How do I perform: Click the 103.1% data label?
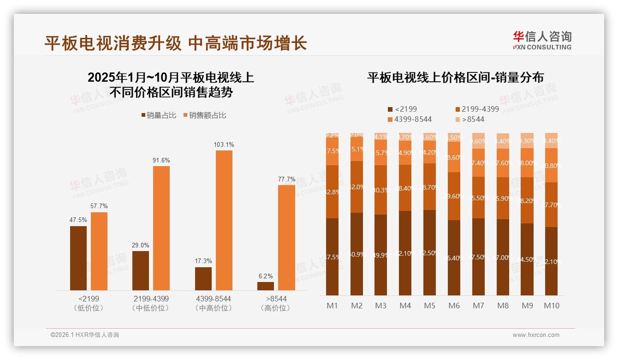pyautogui.click(x=224, y=144)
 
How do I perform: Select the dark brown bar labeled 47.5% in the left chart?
pyautogui.click(x=78, y=258)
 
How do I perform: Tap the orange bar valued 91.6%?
pyautogui.click(x=161, y=228)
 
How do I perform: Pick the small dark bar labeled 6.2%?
pyautogui.click(x=266, y=286)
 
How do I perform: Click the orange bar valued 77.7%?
pyautogui.click(x=286, y=238)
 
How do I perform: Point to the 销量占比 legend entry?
pyautogui.click(x=159, y=115)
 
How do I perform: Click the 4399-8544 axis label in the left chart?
pyautogui.click(x=213, y=299)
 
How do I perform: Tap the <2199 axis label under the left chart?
pyautogui.click(x=89, y=299)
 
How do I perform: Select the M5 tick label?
pyautogui.click(x=429, y=306)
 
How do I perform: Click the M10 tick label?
pyautogui.click(x=551, y=306)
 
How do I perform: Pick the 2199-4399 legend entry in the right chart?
pyautogui.click(x=477, y=109)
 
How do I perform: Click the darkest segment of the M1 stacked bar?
pyautogui.click(x=333, y=257)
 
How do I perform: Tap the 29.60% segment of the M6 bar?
pyautogui.click(x=454, y=196)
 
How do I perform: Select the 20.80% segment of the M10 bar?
pyautogui.click(x=551, y=165)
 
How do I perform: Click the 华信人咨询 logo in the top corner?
pyautogui.click(x=542, y=40)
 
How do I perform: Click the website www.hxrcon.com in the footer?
pyautogui.click(x=536, y=335)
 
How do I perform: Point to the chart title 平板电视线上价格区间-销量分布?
pyautogui.click(x=455, y=77)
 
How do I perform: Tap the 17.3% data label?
pyautogui.click(x=203, y=261)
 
